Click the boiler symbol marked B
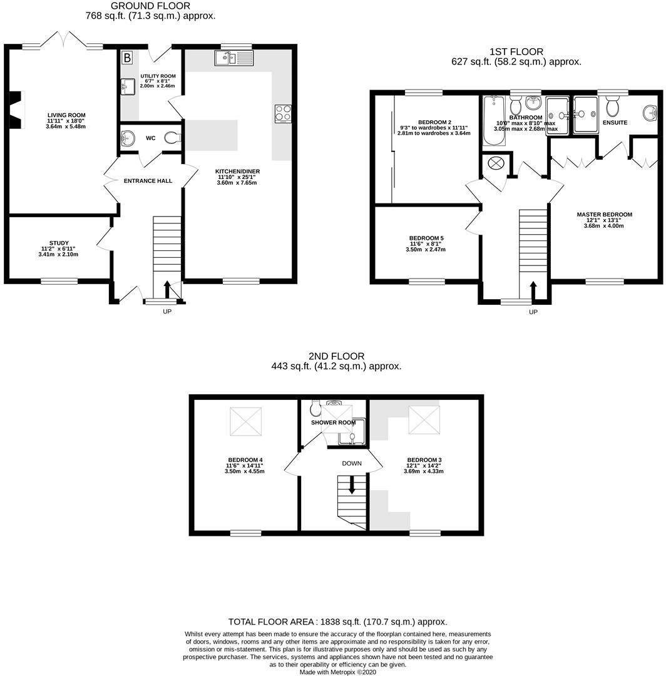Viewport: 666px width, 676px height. click(x=127, y=58)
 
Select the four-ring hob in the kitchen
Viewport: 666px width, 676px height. click(x=283, y=113)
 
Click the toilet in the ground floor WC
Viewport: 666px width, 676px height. click(x=173, y=138)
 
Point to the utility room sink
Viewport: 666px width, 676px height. click(x=128, y=86)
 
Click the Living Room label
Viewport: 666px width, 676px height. click(x=66, y=115)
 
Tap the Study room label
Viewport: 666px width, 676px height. click(x=59, y=243)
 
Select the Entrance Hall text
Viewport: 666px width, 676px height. click(x=148, y=181)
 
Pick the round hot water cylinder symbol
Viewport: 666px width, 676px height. click(x=496, y=163)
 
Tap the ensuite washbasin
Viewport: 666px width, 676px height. click(x=650, y=113)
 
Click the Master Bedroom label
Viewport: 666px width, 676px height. click(x=605, y=214)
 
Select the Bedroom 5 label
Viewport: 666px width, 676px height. click(x=426, y=238)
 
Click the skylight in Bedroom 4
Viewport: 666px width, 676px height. click(x=246, y=421)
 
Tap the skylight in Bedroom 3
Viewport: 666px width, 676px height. click(x=424, y=420)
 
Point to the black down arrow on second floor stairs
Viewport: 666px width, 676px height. click(x=352, y=484)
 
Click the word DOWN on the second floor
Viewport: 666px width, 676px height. click(x=352, y=463)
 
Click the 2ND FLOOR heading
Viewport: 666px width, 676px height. click(x=336, y=356)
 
